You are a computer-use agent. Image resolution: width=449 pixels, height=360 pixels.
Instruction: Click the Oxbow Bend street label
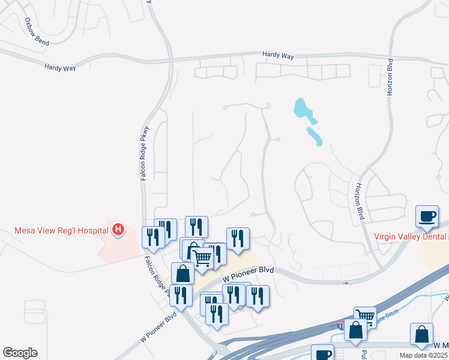pyautogui.click(x=36, y=28)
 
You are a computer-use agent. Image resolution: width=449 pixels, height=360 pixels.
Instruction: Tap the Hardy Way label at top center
pyautogui.click(x=278, y=55)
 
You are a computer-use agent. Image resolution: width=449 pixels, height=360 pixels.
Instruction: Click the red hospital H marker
pyautogui.click(x=119, y=229)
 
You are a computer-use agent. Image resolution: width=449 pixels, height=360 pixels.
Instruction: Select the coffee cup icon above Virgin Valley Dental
pyautogui.click(x=427, y=216)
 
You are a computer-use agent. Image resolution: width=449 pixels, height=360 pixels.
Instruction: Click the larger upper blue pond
pyautogui.click(x=303, y=109)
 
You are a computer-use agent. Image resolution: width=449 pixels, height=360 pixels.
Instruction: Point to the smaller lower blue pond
pyautogui.click(x=315, y=136)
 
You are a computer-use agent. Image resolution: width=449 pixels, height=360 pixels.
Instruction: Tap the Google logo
pyautogui.click(x=20, y=353)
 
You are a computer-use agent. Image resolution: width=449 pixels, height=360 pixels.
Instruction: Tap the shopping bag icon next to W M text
pyautogui.click(x=421, y=334)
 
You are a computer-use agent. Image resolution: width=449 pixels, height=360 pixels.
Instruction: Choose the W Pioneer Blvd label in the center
pyautogui.click(x=248, y=275)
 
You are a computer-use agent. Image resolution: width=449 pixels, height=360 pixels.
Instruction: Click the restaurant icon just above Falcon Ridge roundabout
pyautogui.click(x=217, y=313)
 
